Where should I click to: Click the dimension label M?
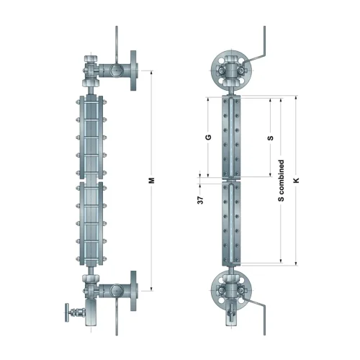[x=152, y=181]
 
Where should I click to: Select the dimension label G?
[x=208, y=138]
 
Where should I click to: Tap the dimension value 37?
[x=201, y=200]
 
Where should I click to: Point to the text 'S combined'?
[x=281, y=181]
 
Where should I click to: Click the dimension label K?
[x=297, y=181]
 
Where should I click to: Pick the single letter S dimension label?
[x=271, y=138]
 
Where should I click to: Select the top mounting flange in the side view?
[x=133, y=71]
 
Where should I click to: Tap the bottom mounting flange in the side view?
[x=133, y=291]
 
